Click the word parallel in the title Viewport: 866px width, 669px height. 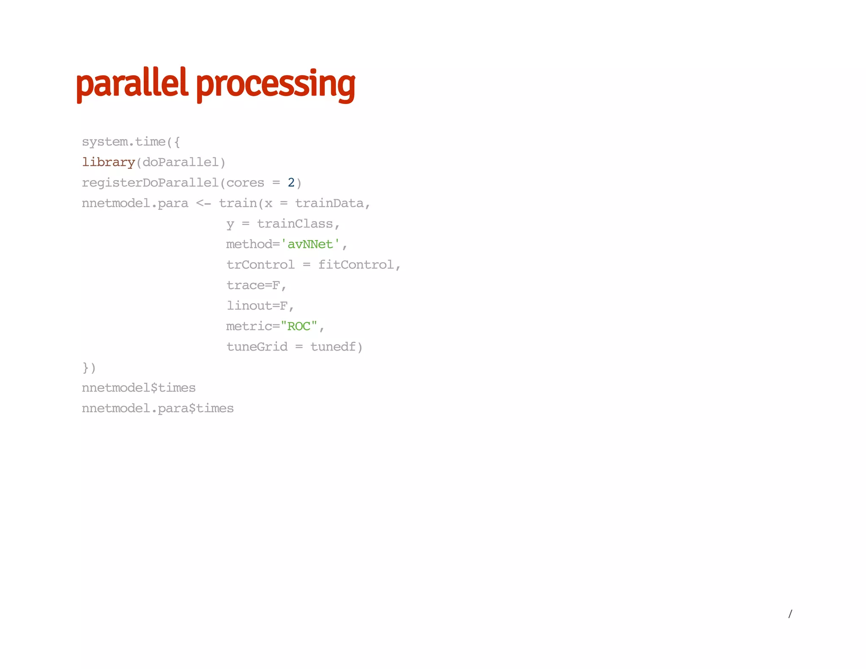pos(131,84)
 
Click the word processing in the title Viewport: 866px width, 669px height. pos(276,85)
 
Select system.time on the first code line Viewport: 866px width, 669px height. pos(123,142)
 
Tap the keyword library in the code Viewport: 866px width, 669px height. pos(108,162)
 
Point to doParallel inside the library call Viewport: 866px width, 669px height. pos(181,162)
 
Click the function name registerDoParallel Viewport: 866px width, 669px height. pos(150,183)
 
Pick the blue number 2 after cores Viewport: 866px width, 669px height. pos(291,182)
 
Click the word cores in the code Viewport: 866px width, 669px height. pos(245,183)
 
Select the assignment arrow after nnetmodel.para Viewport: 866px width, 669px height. pos(203,203)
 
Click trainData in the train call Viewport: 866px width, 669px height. pos(329,203)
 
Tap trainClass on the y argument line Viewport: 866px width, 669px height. pos(295,224)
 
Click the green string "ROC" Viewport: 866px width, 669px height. pos(299,326)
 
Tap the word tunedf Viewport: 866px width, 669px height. pos(333,347)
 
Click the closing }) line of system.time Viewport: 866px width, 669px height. pos(89,367)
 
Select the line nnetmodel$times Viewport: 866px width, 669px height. pos(139,388)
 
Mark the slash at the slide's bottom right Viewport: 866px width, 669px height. pos(790,614)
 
